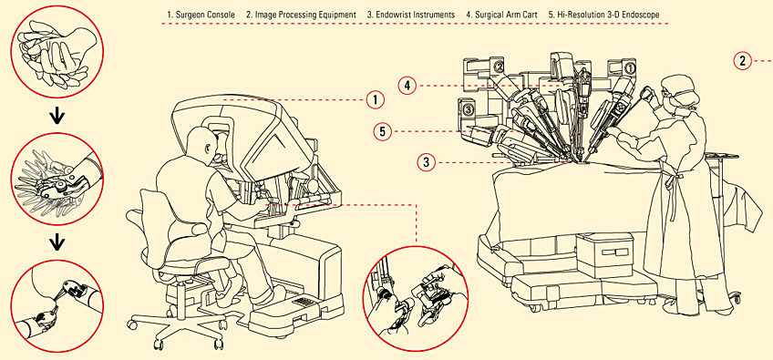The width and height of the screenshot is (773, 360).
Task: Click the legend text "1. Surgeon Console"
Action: (201, 15)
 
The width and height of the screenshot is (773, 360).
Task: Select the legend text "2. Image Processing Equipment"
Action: (301, 15)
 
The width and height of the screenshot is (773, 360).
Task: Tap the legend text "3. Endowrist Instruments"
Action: (410, 15)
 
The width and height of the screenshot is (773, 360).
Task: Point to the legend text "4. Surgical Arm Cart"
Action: (501, 15)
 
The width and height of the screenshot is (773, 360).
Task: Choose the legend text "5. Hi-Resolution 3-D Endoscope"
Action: (603, 15)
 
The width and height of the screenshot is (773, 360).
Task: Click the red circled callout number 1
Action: (375, 100)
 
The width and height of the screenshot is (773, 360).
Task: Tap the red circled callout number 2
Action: (742, 61)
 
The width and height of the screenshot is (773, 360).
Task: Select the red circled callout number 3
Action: (427, 161)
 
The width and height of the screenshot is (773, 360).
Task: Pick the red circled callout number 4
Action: (407, 86)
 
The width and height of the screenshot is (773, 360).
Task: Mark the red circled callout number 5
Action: (383, 131)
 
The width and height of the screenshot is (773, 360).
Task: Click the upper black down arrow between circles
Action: (57, 118)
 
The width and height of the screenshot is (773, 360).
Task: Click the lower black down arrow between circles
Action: (57, 242)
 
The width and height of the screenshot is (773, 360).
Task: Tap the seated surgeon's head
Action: (201, 142)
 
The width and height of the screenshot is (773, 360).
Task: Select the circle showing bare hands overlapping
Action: (57, 56)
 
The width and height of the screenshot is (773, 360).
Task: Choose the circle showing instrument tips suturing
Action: (57, 306)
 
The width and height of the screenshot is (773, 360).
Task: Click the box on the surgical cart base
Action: (605, 255)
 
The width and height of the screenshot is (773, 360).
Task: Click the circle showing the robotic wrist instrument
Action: (57, 180)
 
